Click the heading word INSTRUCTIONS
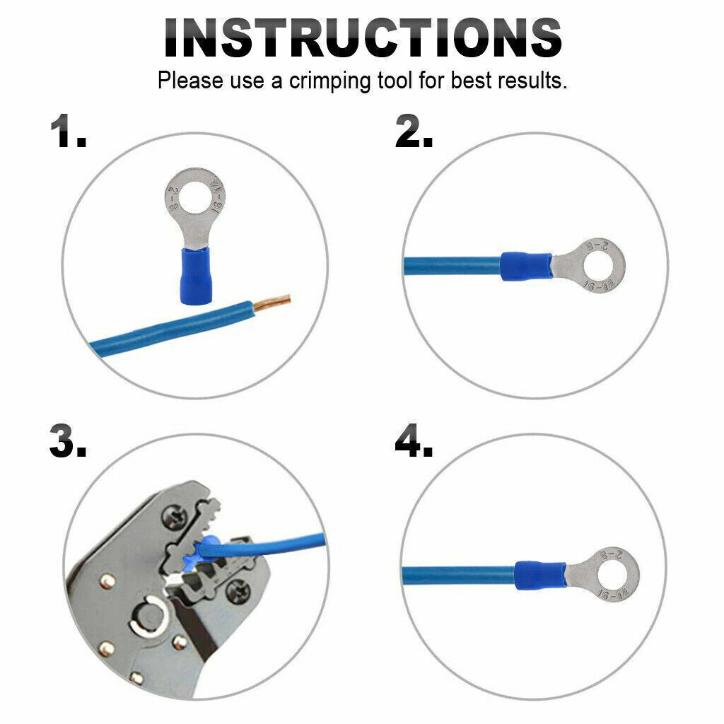363,38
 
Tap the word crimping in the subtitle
329,81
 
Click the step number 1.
68,132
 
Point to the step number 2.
414,132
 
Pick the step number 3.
68,441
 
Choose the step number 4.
414,441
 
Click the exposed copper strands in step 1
271,303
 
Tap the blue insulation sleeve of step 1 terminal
195,276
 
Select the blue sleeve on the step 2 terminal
526,267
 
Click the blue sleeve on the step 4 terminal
540,576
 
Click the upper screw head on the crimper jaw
174,518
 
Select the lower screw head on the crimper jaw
238,590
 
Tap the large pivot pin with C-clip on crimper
148,616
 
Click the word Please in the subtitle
190,81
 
